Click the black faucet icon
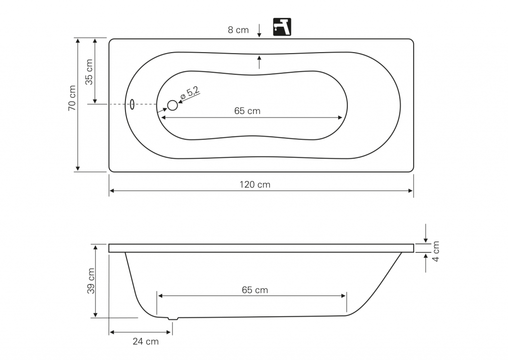click(282, 27)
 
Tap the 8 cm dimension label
click(238, 30)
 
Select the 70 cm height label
click(72, 98)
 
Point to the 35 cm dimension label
click(89, 72)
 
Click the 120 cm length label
click(254, 184)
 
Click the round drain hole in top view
click(172, 105)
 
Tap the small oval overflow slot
click(132, 104)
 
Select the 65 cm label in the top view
click(247, 111)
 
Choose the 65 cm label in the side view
click(255, 290)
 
